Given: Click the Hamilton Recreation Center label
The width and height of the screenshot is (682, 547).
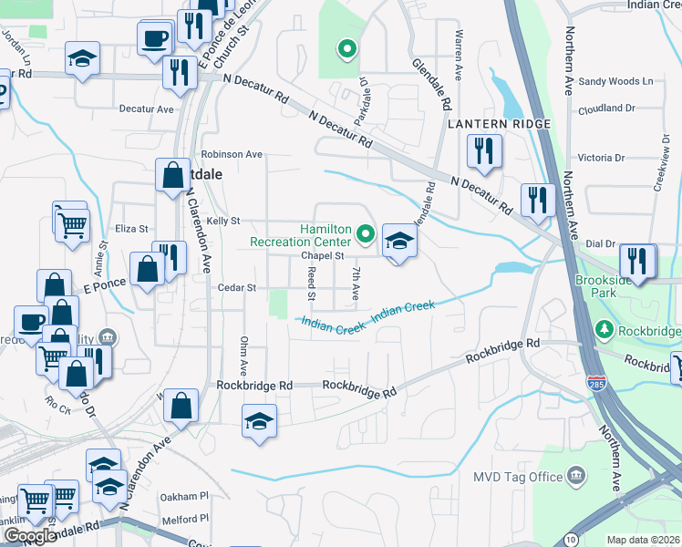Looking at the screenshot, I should click(301, 235).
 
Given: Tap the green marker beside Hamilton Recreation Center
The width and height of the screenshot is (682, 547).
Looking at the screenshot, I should click(366, 235).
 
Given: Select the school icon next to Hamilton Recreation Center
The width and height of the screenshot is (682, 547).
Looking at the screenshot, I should click(398, 242).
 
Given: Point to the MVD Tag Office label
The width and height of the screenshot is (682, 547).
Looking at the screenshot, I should click(516, 476).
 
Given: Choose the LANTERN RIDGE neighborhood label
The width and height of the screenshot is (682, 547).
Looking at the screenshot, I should click(498, 123).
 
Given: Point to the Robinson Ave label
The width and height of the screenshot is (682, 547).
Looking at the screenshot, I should click(232, 154).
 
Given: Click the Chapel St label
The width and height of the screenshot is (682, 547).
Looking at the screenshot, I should click(321, 256).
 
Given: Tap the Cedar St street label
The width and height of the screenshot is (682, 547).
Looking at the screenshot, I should click(237, 287).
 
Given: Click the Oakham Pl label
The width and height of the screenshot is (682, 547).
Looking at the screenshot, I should click(185, 496).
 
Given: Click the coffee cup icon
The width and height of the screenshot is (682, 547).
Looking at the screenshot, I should click(154, 39).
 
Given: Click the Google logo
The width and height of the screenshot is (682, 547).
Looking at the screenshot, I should click(30, 537).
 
